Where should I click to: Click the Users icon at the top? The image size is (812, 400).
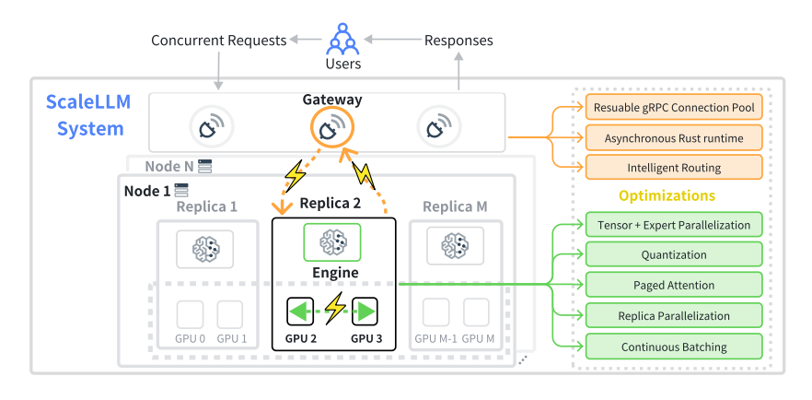[x=342, y=39]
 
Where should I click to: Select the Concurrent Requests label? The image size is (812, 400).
[x=218, y=41]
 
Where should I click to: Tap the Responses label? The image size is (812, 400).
[x=458, y=41]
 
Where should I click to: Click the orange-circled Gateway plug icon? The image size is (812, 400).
[x=332, y=127]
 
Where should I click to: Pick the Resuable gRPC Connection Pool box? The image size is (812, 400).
[x=674, y=108]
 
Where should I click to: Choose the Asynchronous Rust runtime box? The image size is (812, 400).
[x=674, y=138]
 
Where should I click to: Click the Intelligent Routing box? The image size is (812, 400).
[x=674, y=168]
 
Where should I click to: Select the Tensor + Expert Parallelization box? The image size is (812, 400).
[x=674, y=225]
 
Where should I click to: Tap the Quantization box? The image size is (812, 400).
[x=674, y=255]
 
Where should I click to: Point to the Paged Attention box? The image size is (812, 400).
[x=674, y=285]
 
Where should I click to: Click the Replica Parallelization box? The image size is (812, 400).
[x=674, y=315]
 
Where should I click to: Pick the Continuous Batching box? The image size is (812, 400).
[x=674, y=347]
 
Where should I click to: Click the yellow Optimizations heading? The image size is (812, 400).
[x=667, y=196]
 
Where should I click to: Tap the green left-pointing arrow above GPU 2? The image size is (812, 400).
[x=300, y=312]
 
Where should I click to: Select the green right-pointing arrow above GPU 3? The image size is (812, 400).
[x=365, y=312]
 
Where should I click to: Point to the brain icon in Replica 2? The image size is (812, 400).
[x=332, y=242]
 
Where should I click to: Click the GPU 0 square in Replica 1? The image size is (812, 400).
[x=190, y=314]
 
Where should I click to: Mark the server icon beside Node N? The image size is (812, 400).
[x=205, y=166]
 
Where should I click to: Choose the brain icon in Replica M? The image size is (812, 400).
[x=455, y=245]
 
